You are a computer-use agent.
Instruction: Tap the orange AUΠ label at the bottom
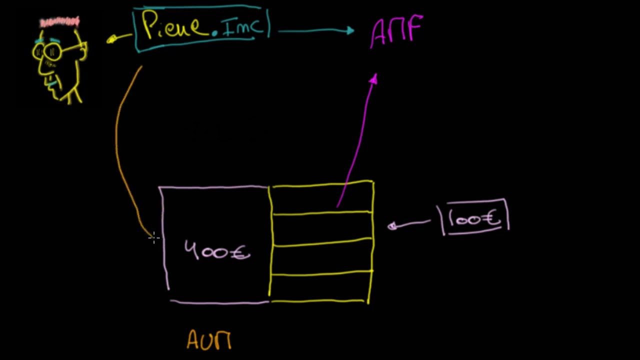(x=209, y=340)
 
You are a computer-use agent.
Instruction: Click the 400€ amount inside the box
(x=217, y=250)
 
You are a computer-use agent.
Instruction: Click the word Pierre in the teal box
(x=172, y=26)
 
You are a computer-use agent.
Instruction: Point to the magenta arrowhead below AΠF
(x=374, y=79)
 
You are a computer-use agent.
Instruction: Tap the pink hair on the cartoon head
(x=59, y=22)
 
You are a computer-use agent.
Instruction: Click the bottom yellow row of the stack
(x=321, y=287)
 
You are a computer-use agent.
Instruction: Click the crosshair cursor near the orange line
(x=154, y=238)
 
